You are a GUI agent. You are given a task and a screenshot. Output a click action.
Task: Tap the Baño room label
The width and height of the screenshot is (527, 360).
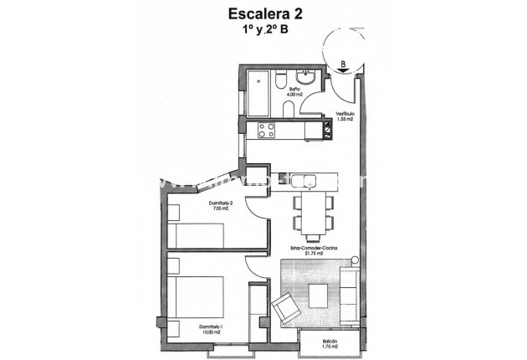[294, 89]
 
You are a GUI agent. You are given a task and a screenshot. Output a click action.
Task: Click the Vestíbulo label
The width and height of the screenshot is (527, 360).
[344, 115]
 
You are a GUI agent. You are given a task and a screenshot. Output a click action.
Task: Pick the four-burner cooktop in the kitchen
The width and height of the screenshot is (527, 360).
[267, 130]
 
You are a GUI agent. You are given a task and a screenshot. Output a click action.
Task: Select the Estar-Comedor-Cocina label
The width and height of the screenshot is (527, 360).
[314, 249]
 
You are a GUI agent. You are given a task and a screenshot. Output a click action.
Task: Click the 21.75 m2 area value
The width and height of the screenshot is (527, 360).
[314, 255]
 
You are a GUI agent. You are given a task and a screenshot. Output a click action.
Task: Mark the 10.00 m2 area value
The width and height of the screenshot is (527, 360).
[211, 332]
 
